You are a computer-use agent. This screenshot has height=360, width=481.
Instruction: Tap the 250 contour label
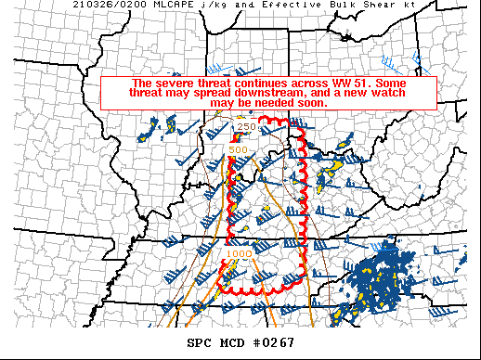click(x=246, y=127)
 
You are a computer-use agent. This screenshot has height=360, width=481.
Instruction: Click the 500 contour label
click(x=238, y=149)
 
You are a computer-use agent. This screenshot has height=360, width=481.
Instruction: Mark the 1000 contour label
click(x=239, y=252)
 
